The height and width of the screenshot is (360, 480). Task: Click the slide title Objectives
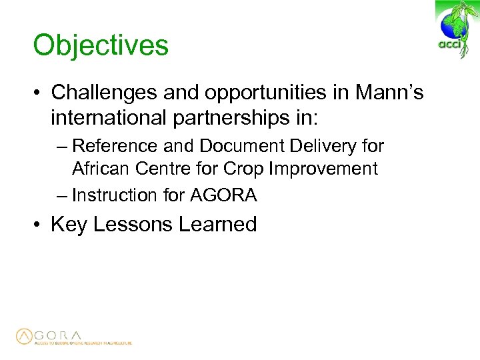(x=101, y=46)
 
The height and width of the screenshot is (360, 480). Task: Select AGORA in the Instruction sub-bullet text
(x=223, y=195)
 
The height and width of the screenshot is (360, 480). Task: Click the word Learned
(x=217, y=224)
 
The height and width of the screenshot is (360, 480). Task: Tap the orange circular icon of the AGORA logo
(x=24, y=337)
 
